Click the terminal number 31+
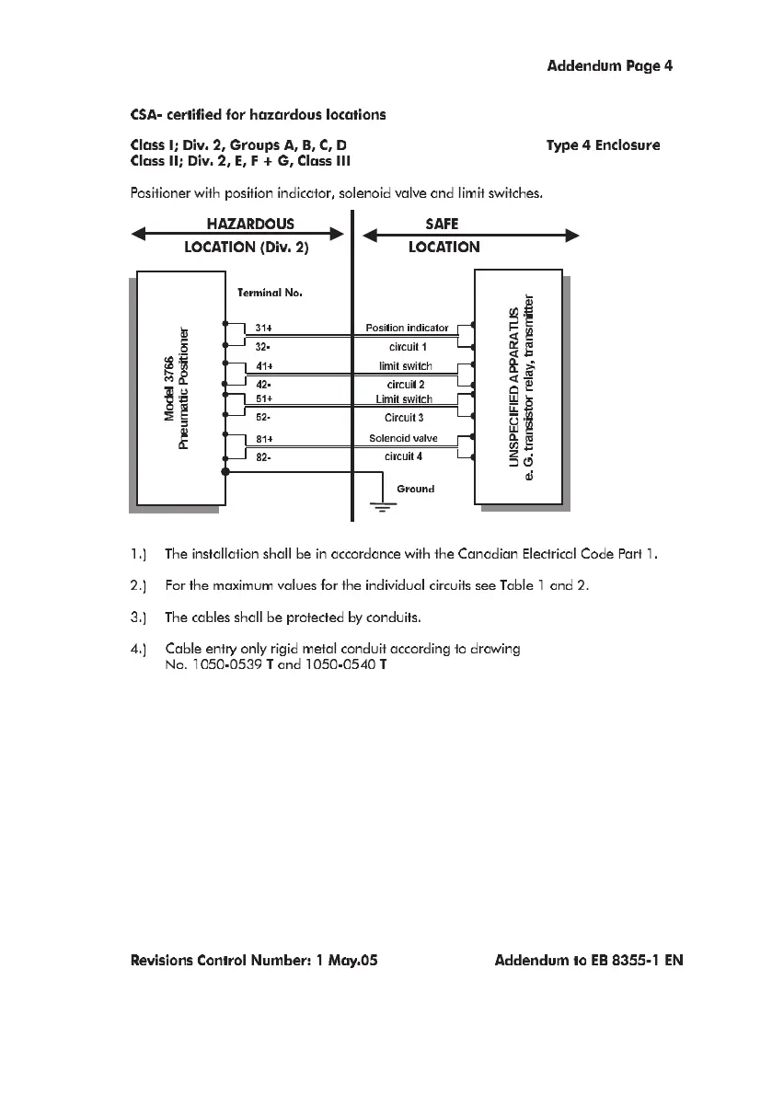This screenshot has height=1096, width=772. point(263,328)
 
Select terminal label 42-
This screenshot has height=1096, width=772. point(263,384)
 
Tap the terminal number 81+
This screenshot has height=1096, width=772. point(263,439)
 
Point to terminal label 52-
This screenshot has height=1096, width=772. point(263,417)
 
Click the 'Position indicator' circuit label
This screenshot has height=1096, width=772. point(407,328)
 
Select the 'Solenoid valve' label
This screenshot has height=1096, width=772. point(403,439)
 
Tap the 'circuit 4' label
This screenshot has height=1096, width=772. point(403,456)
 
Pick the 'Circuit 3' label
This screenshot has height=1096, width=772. point(404,417)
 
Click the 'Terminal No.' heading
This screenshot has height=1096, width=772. point(270,293)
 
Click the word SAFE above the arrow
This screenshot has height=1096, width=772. point(443,224)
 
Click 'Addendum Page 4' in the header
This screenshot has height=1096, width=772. point(611,66)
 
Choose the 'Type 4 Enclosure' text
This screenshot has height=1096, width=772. point(603,145)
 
